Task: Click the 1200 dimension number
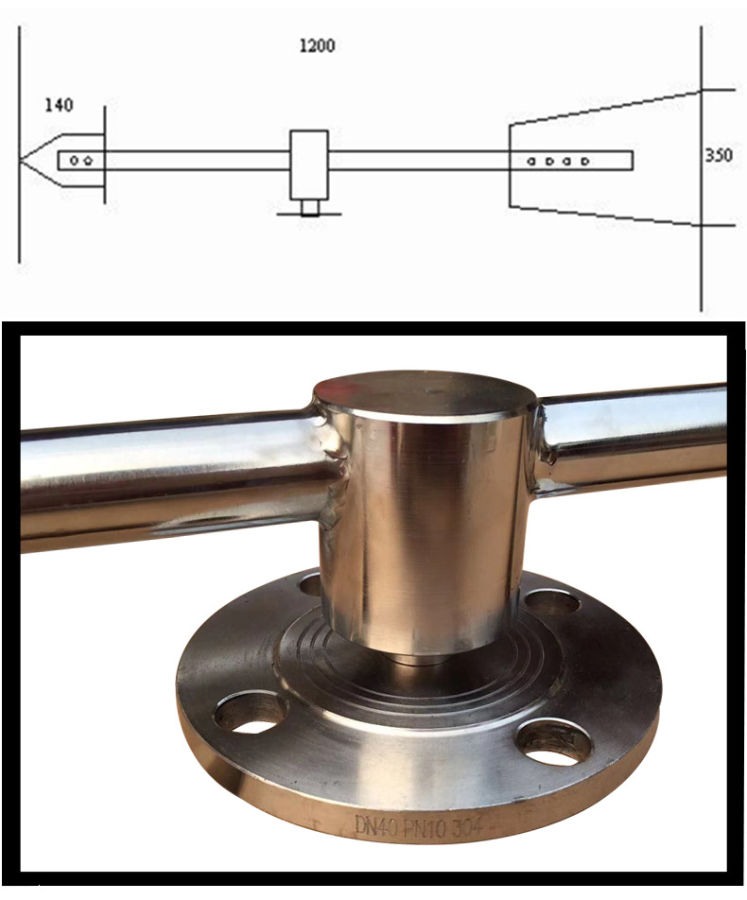click(317, 45)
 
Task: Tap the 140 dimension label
click(60, 105)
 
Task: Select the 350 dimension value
click(719, 155)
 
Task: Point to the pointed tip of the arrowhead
click(19, 160)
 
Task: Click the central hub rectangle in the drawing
click(309, 164)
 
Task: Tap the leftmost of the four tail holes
click(531, 162)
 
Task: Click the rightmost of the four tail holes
click(584, 162)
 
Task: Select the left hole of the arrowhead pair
click(74, 161)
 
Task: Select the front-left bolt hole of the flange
click(250, 712)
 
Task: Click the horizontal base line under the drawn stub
click(309, 215)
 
